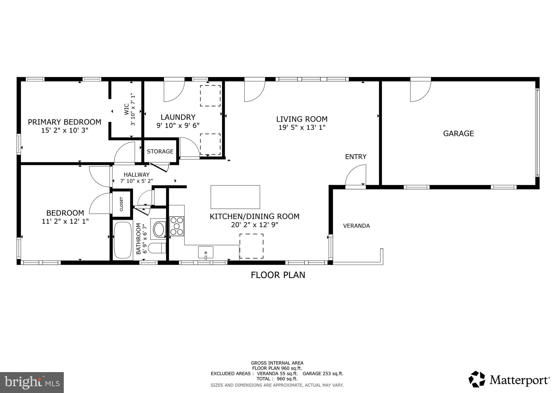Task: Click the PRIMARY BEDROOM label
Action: click(65, 122)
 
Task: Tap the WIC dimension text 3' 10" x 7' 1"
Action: click(133, 109)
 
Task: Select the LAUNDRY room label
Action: click(178, 117)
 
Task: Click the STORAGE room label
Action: click(160, 151)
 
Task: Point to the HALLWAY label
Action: click(137, 175)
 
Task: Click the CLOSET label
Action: click(121, 204)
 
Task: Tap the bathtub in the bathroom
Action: click(122, 240)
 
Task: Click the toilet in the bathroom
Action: click(158, 248)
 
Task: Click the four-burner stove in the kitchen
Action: click(177, 226)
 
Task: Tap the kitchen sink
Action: click(206, 252)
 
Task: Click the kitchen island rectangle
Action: click(235, 197)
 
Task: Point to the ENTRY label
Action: click(356, 157)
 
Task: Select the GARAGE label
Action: click(459, 134)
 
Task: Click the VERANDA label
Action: click(356, 226)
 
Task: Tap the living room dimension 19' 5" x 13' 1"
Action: click(302, 127)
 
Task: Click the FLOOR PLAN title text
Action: click(278, 275)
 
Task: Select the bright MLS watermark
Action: click(32, 382)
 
